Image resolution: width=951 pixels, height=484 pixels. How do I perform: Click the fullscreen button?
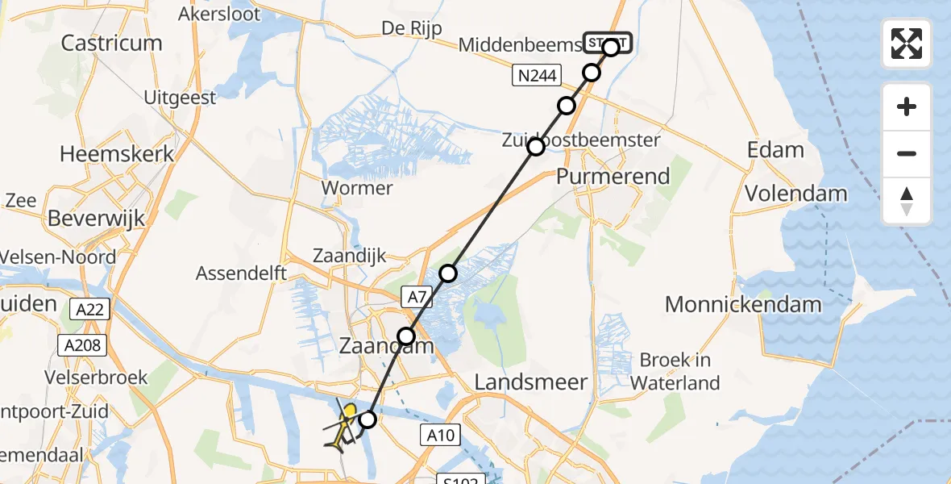pos(907,44)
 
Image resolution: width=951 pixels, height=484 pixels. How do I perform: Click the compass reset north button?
pos(907,201)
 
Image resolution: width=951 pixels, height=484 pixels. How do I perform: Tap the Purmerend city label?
pos(613,176)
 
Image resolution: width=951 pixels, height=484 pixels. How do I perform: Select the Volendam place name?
pos(795,194)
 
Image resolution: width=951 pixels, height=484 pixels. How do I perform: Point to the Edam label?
pos(775,150)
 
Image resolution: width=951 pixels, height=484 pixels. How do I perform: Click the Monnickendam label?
pos(742,304)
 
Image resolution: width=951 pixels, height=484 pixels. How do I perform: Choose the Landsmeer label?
pos(531,382)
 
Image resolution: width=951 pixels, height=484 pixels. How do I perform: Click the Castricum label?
pos(111,43)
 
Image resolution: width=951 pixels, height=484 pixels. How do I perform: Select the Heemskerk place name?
pos(118,154)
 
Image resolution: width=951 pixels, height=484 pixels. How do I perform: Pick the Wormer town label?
pos(356,188)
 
